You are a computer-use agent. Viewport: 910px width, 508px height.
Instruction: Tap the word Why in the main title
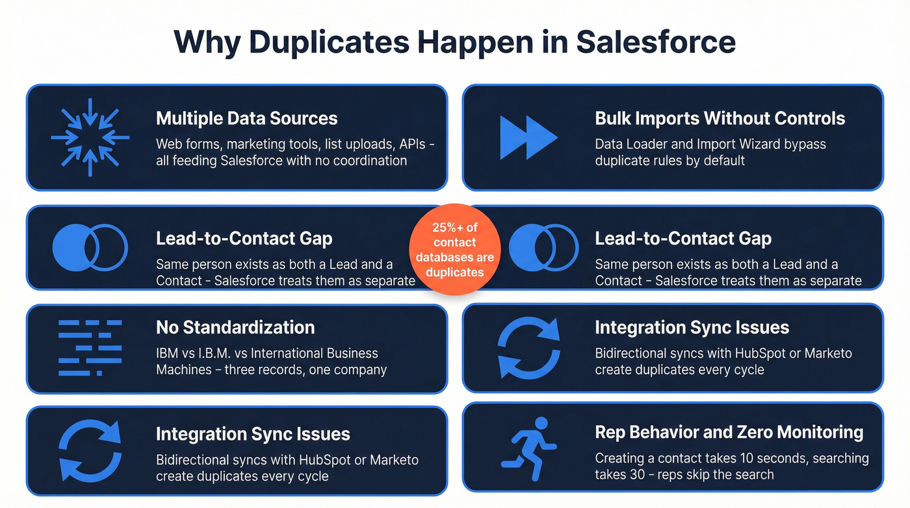[206, 42]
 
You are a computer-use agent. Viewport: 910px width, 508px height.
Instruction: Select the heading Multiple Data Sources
[246, 118]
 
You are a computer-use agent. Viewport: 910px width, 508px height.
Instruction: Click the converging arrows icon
[90, 137]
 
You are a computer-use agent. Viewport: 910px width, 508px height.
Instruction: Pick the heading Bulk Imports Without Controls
[720, 118]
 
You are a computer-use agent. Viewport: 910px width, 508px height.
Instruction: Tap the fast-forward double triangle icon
[528, 137]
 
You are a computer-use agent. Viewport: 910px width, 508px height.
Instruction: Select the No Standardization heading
[235, 327]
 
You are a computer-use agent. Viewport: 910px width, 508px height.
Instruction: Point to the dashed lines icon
[90, 347]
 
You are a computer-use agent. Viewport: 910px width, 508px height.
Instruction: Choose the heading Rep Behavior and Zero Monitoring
[729, 432]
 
